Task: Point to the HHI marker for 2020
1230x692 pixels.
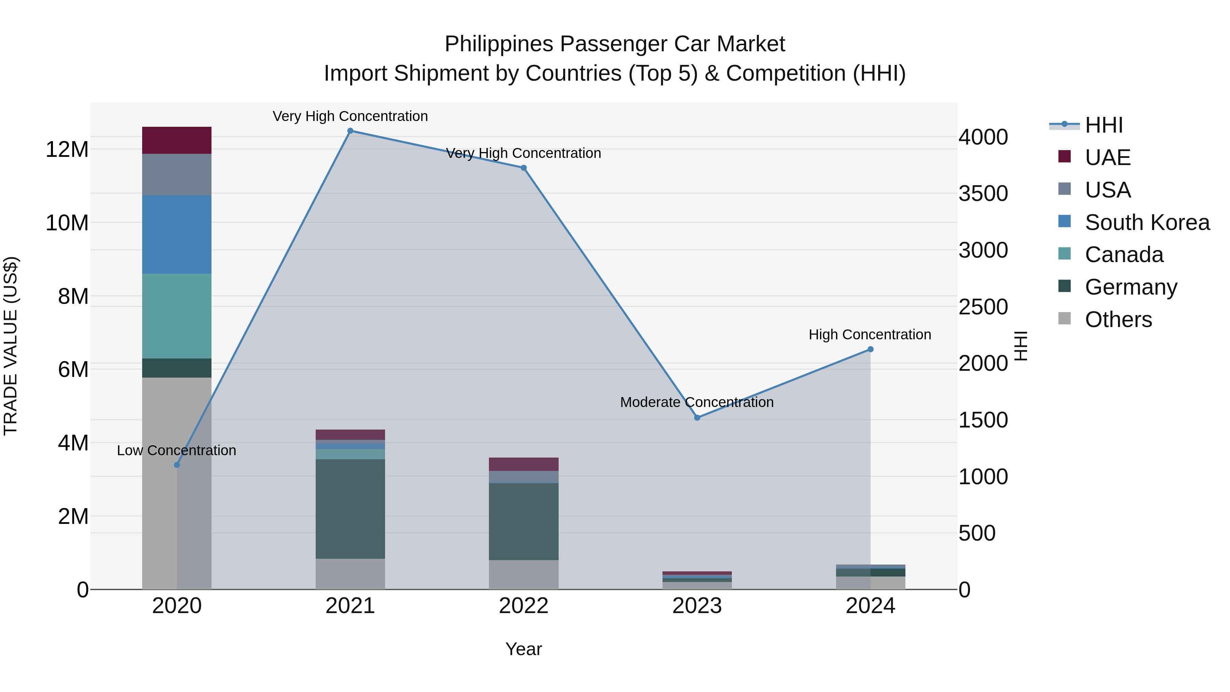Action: click(x=177, y=465)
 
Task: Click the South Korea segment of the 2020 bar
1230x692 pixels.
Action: click(x=177, y=234)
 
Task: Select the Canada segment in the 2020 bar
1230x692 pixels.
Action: click(x=177, y=316)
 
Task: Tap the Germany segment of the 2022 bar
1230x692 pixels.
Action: click(x=523, y=521)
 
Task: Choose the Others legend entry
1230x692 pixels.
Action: click(x=1118, y=320)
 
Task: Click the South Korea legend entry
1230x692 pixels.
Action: click(x=1147, y=222)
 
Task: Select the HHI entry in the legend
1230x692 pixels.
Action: click(x=1104, y=125)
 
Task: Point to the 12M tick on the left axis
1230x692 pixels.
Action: click(x=67, y=149)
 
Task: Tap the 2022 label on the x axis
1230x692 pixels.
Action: click(x=523, y=606)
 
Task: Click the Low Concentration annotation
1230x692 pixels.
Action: click(x=176, y=450)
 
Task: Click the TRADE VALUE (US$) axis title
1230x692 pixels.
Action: click(x=11, y=346)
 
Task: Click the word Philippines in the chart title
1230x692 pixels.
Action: click(x=498, y=44)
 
